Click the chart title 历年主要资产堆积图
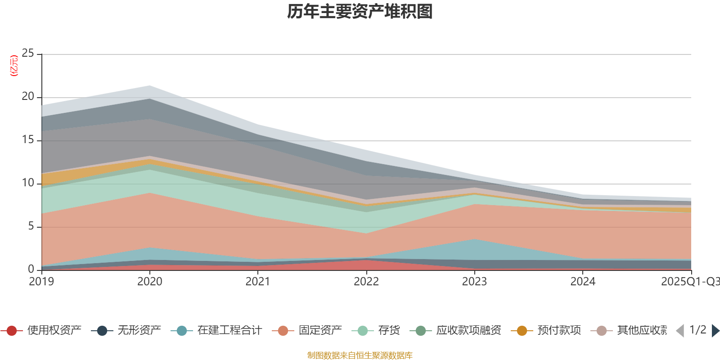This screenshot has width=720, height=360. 360,12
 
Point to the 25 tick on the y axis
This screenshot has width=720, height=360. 28,54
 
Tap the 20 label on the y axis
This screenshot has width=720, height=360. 28,97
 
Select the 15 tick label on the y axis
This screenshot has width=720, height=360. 28,140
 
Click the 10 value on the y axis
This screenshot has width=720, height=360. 28,183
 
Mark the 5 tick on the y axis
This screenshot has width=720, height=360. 31,226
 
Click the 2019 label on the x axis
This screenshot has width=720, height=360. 41,282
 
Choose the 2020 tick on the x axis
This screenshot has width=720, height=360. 150,282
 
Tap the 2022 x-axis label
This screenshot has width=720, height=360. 366,282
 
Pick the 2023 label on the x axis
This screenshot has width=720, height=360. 474,282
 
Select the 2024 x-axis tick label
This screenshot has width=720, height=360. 583,282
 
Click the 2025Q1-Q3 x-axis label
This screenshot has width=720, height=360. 689,282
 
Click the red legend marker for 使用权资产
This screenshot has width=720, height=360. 12,331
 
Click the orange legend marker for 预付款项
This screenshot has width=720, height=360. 522,331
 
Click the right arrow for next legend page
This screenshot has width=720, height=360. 715,331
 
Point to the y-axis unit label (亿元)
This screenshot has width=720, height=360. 14,66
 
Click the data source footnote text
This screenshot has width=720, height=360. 360,355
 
